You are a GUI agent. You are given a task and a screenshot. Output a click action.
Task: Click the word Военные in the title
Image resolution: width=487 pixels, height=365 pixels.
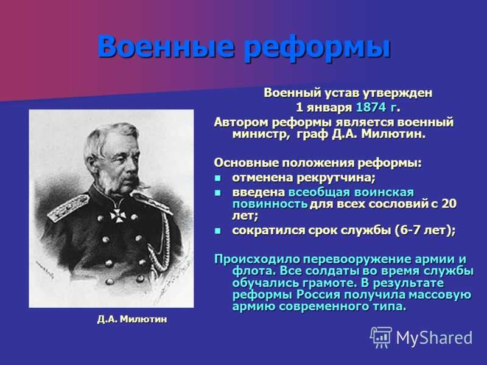point(165,47)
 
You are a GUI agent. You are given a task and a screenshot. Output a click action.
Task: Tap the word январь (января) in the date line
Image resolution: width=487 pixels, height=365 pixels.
point(329,108)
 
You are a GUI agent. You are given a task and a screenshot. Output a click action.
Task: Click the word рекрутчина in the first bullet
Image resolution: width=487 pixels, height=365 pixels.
point(336,178)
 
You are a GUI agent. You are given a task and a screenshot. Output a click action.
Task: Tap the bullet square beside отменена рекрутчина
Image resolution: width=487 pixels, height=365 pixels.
point(219,179)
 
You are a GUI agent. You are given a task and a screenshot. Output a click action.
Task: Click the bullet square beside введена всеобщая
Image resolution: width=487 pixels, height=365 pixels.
point(219,193)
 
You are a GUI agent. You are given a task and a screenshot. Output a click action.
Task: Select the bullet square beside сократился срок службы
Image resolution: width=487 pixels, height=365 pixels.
point(219,231)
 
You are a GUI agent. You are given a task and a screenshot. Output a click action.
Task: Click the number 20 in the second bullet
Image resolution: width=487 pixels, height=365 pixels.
point(449,204)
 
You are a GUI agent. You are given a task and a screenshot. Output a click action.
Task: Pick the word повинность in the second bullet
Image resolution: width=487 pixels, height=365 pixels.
point(270,204)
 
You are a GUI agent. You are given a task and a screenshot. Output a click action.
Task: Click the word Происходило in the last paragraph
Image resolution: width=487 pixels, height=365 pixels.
point(258,260)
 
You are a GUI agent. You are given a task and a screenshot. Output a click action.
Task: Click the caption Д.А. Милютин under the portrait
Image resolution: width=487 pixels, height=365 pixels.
point(132,319)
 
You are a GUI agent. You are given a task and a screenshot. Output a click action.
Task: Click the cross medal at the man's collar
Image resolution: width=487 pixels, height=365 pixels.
point(118,215)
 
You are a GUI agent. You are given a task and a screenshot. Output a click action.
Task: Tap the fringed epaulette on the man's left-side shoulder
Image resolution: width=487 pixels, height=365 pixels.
point(68,206)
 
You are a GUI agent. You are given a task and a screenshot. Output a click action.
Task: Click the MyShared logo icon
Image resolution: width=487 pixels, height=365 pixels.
point(380,337)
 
